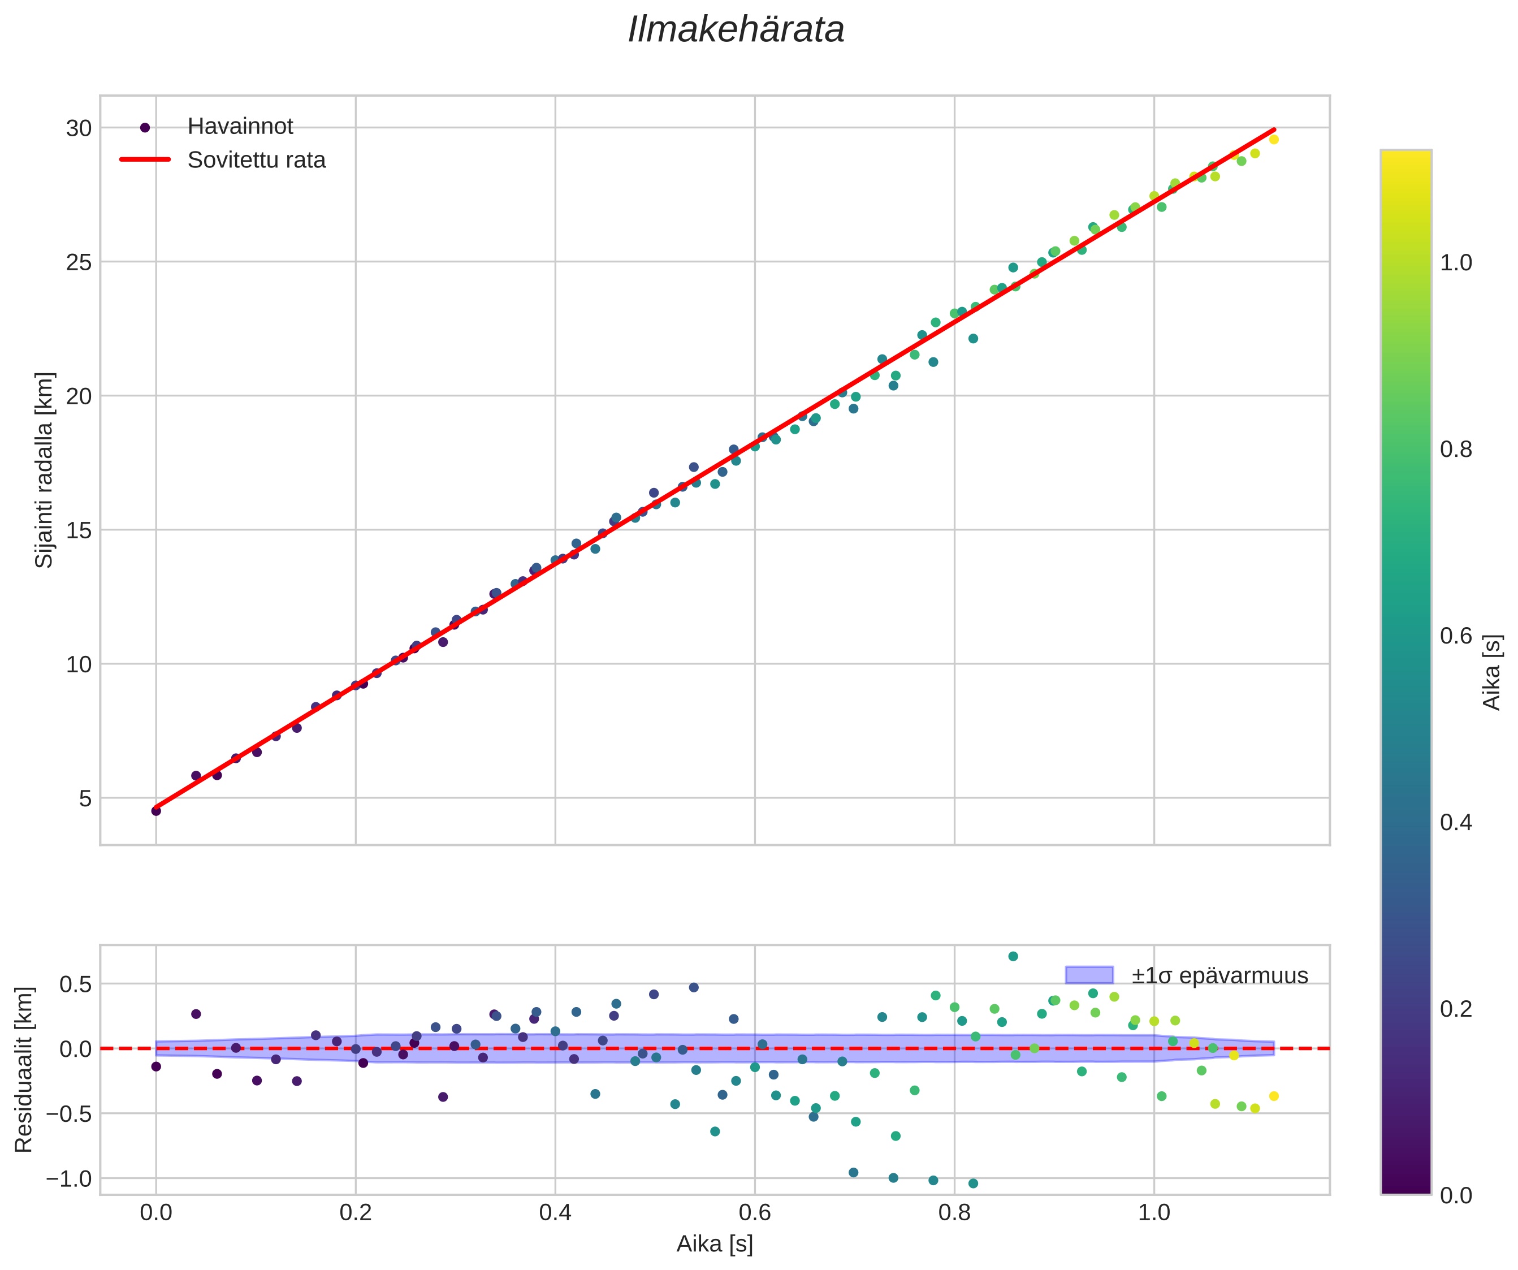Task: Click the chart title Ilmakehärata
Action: pyautogui.click(x=736, y=31)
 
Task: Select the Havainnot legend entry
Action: pyautogui.click(x=240, y=127)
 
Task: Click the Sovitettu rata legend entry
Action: pyautogui.click(x=256, y=160)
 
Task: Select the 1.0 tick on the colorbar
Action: pyautogui.click(x=1456, y=263)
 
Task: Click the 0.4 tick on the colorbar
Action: pyautogui.click(x=1456, y=823)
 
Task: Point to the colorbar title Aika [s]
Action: pyautogui.click(x=1492, y=672)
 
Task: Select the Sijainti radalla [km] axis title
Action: pyautogui.click(x=45, y=470)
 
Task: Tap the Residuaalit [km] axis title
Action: pyautogui.click(x=24, y=1069)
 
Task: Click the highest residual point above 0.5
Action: pyautogui.click(x=1013, y=956)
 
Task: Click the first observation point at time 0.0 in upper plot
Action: pyautogui.click(x=156, y=811)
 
